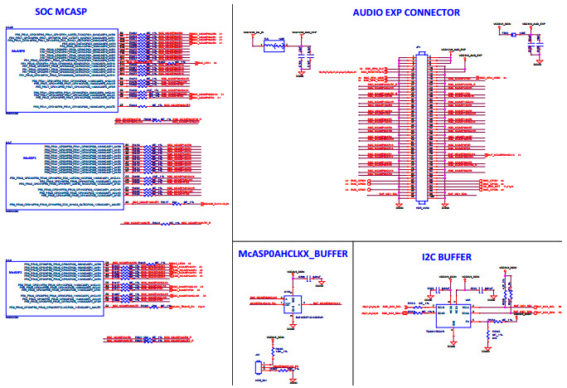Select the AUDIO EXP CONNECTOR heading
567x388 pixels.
405,12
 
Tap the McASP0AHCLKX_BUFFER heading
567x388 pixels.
292,253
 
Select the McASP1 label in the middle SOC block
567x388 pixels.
28,156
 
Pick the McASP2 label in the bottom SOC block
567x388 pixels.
14,272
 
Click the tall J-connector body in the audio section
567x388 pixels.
422,129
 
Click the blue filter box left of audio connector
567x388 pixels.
273,46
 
